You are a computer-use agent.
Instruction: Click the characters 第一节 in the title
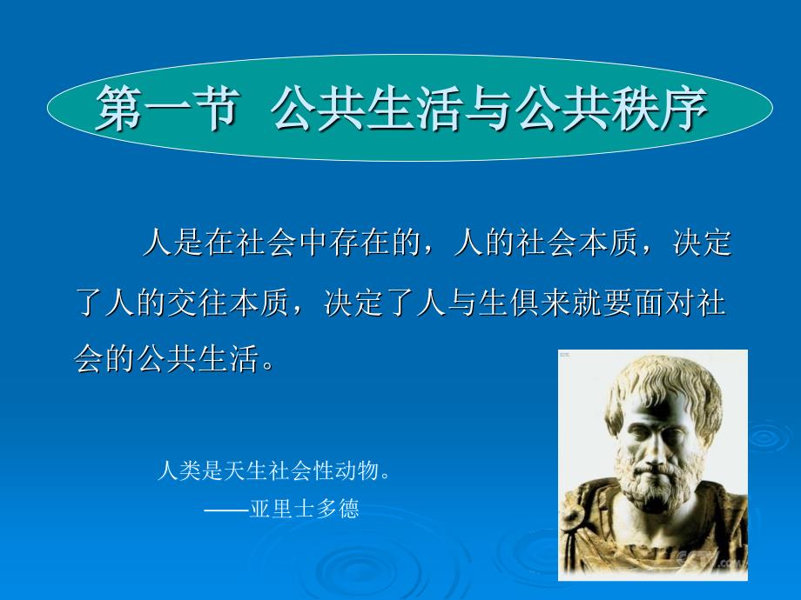pyautogui.click(x=167, y=108)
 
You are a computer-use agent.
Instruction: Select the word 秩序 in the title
pyautogui.click(x=659, y=108)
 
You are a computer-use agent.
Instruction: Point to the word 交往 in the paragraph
pyautogui.click(x=197, y=302)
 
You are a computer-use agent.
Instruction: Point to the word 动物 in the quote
pyautogui.click(x=355, y=470)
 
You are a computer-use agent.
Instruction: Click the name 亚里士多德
pyautogui.click(x=305, y=508)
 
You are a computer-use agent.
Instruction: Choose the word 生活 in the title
pyautogui.click(x=415, y=108)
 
